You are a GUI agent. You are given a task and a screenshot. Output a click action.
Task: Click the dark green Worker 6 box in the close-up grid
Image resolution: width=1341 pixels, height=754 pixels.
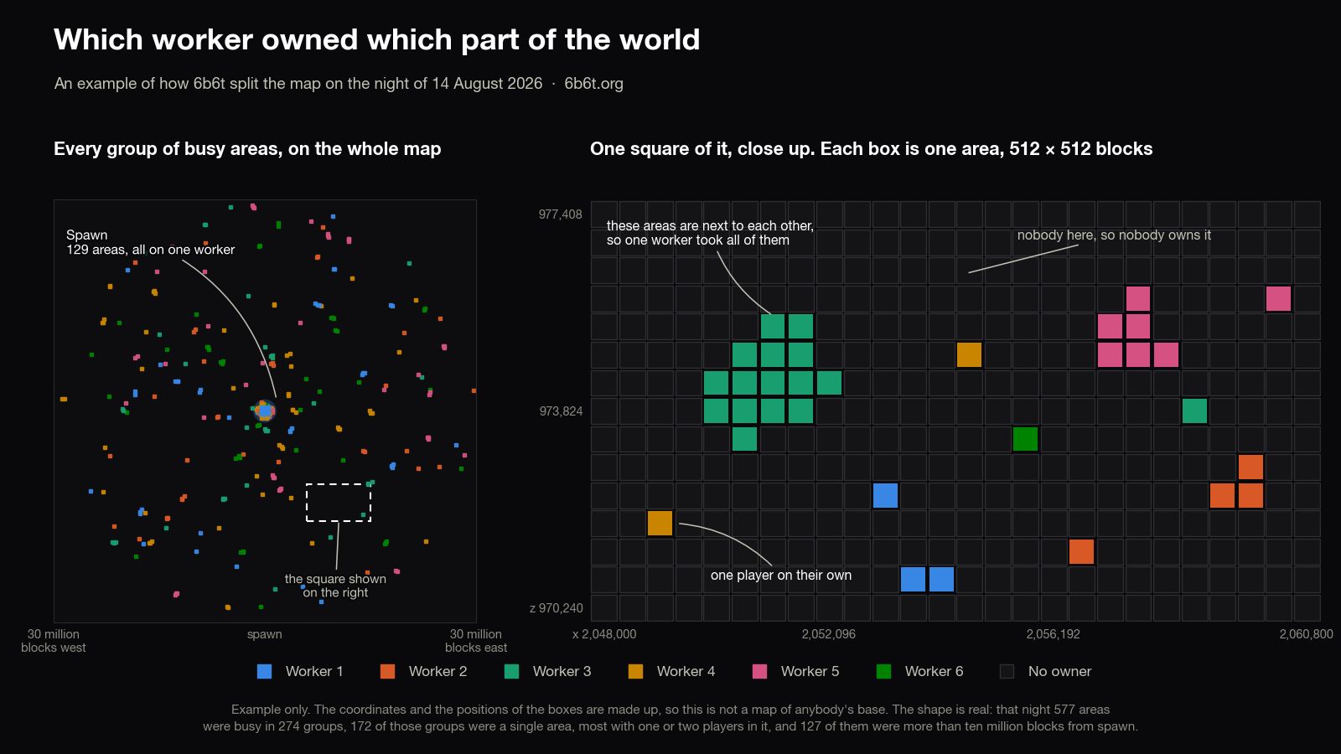coord(1025,439)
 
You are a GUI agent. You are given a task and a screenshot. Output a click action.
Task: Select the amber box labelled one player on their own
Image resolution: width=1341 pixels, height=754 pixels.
coord(660,523)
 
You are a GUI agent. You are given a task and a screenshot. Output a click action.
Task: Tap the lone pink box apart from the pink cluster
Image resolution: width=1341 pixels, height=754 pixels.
coord(1278,298)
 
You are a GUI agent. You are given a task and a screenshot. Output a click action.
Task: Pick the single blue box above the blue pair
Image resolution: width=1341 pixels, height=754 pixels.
coord(885,495)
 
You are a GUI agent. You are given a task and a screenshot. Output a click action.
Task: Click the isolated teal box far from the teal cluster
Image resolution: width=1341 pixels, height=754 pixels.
coord(1194,411)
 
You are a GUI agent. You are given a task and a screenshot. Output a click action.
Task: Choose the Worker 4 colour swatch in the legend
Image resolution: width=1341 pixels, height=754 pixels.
coord(636,671)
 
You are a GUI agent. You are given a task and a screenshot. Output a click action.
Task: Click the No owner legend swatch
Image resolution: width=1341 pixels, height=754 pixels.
coord(1007,671)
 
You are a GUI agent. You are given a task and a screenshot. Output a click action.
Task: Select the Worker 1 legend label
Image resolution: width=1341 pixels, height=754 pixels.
coord(314,671)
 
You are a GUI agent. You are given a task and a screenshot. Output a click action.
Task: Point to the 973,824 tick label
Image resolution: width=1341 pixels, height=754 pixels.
coord(561,411)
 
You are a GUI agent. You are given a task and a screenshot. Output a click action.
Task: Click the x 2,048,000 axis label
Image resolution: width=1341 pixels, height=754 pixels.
coord(604,633)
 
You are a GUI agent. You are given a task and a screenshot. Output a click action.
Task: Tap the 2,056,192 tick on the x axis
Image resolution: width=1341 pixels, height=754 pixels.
coord(1053,633)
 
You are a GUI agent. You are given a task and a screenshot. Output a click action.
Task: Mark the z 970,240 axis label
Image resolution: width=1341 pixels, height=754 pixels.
coord(557,608)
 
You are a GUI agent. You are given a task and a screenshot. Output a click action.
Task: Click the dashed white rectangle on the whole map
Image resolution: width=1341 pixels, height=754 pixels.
coord(339,484)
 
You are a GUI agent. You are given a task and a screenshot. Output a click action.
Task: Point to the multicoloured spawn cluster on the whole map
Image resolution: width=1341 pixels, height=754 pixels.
coord(264,411)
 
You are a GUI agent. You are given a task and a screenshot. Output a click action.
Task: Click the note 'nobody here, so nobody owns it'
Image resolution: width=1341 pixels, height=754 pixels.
coord(1114,235)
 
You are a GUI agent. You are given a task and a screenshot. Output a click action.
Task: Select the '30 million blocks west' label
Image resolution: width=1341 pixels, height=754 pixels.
coord(54,640)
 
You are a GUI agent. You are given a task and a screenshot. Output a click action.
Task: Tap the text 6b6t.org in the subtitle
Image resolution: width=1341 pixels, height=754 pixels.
coord(593,83)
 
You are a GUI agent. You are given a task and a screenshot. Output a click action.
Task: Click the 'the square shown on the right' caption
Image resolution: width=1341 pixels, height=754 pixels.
coord(335,586)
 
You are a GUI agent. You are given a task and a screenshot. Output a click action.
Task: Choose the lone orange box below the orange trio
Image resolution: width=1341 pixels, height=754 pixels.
coord(1081,552)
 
